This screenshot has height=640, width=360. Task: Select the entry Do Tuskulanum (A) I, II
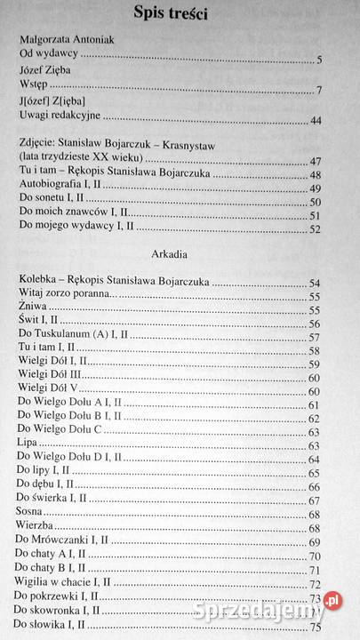tap(74, 337)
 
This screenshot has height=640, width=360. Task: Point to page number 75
tap(314, 628)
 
